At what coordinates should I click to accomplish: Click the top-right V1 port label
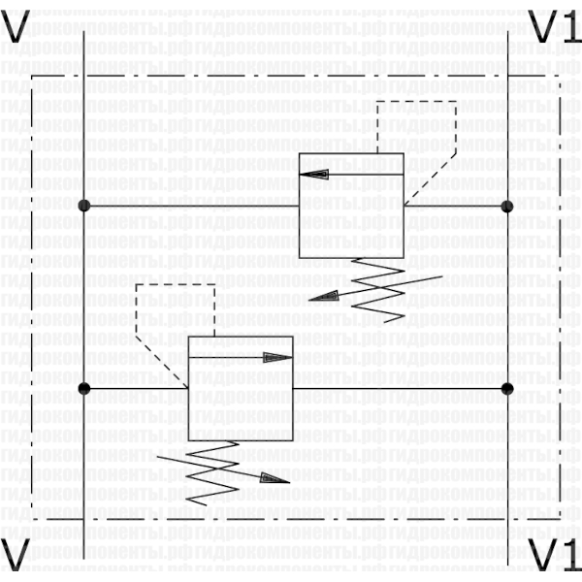554,26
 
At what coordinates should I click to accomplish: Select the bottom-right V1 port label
554,556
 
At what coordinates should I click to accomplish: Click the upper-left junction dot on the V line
84,206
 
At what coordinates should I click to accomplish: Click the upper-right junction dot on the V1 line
506,206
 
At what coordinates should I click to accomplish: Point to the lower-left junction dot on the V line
84,388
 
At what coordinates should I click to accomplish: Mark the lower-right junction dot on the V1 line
506,388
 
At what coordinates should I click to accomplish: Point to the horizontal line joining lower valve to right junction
398,388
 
